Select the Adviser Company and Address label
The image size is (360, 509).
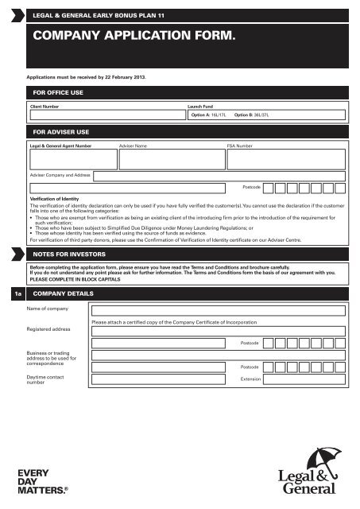pyautogui.click(x=61, y=173)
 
